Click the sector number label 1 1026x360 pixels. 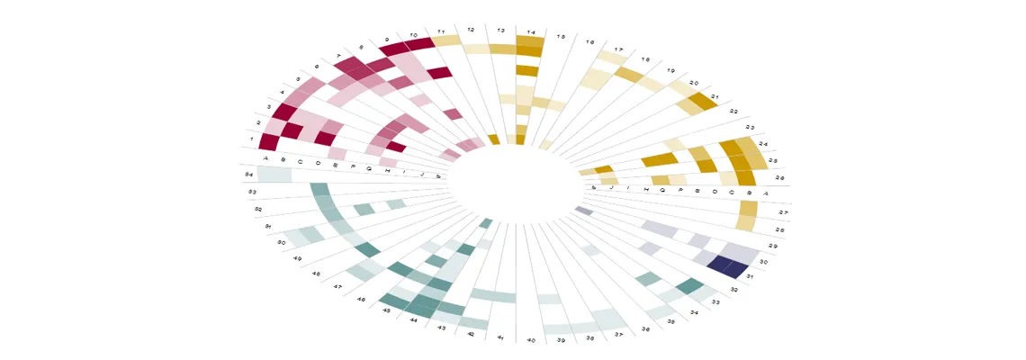[252, 139]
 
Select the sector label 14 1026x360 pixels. [531, 33]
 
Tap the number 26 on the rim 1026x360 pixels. [779, 179]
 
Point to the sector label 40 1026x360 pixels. [531, 341]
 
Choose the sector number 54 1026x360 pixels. [248, 174]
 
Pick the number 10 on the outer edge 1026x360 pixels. [413, 35]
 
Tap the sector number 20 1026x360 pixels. [694, 83]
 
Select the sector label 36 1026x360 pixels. [645, 328]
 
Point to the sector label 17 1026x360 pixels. [618, 49]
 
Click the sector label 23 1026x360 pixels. [750, 127]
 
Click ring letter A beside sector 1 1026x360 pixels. [266, 158]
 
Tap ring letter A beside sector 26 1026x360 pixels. [766, 193]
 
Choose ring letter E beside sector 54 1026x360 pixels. [336, 165]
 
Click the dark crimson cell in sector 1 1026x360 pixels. [268, 142]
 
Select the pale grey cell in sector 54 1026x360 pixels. [274, 174]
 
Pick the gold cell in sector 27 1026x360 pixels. [748, 208]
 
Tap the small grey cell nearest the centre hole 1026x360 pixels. [583, 211]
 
